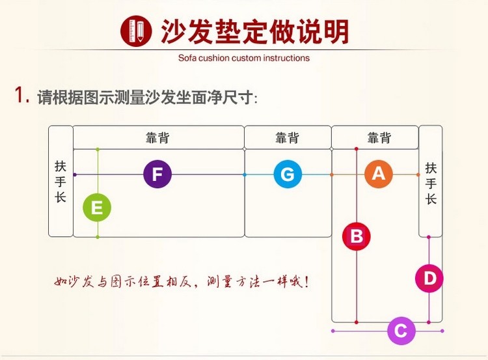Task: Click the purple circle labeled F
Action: tap(157, 174)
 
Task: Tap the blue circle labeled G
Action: tap(288, 174)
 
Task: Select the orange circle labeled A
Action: tap(379, 174)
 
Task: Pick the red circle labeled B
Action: tap(357, 236)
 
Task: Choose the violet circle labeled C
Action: tap(401, 331)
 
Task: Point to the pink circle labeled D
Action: tap(429, 279)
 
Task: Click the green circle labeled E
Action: tap(98, 208)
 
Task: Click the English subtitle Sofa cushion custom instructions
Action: tap(244, 58)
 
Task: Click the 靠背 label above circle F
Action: tap(157, 138)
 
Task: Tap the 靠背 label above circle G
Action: tap(288, 138)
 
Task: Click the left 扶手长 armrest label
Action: tap(61, 181)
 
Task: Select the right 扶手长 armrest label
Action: tap(431, 184)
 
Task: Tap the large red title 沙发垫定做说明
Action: tap(255, 31)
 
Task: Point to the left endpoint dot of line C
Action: tap(333, 331)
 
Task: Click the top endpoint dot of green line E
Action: tap(98, 150)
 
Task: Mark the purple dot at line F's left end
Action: tap(75, 174)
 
